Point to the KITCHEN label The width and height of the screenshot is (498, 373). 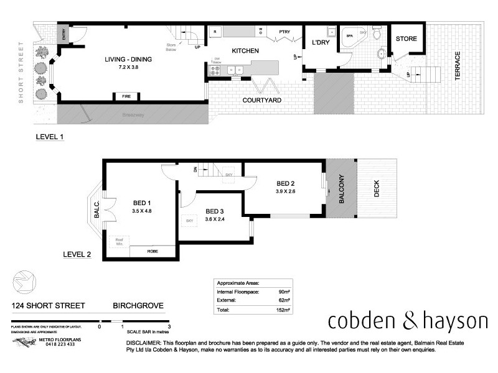coord(245,50)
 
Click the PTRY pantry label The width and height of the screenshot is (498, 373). coord(286,30)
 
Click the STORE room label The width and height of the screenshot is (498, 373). coord(406,39)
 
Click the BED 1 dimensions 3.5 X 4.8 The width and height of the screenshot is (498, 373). coord(143,211)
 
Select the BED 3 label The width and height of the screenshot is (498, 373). coord(215,210)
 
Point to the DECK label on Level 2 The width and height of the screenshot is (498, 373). coord(377,189)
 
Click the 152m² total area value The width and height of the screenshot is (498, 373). coord(284,308)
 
